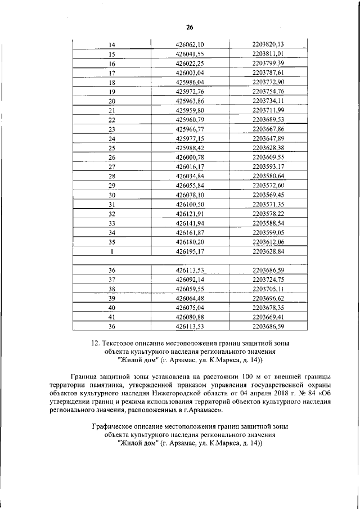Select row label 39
[x=111, y=298]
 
